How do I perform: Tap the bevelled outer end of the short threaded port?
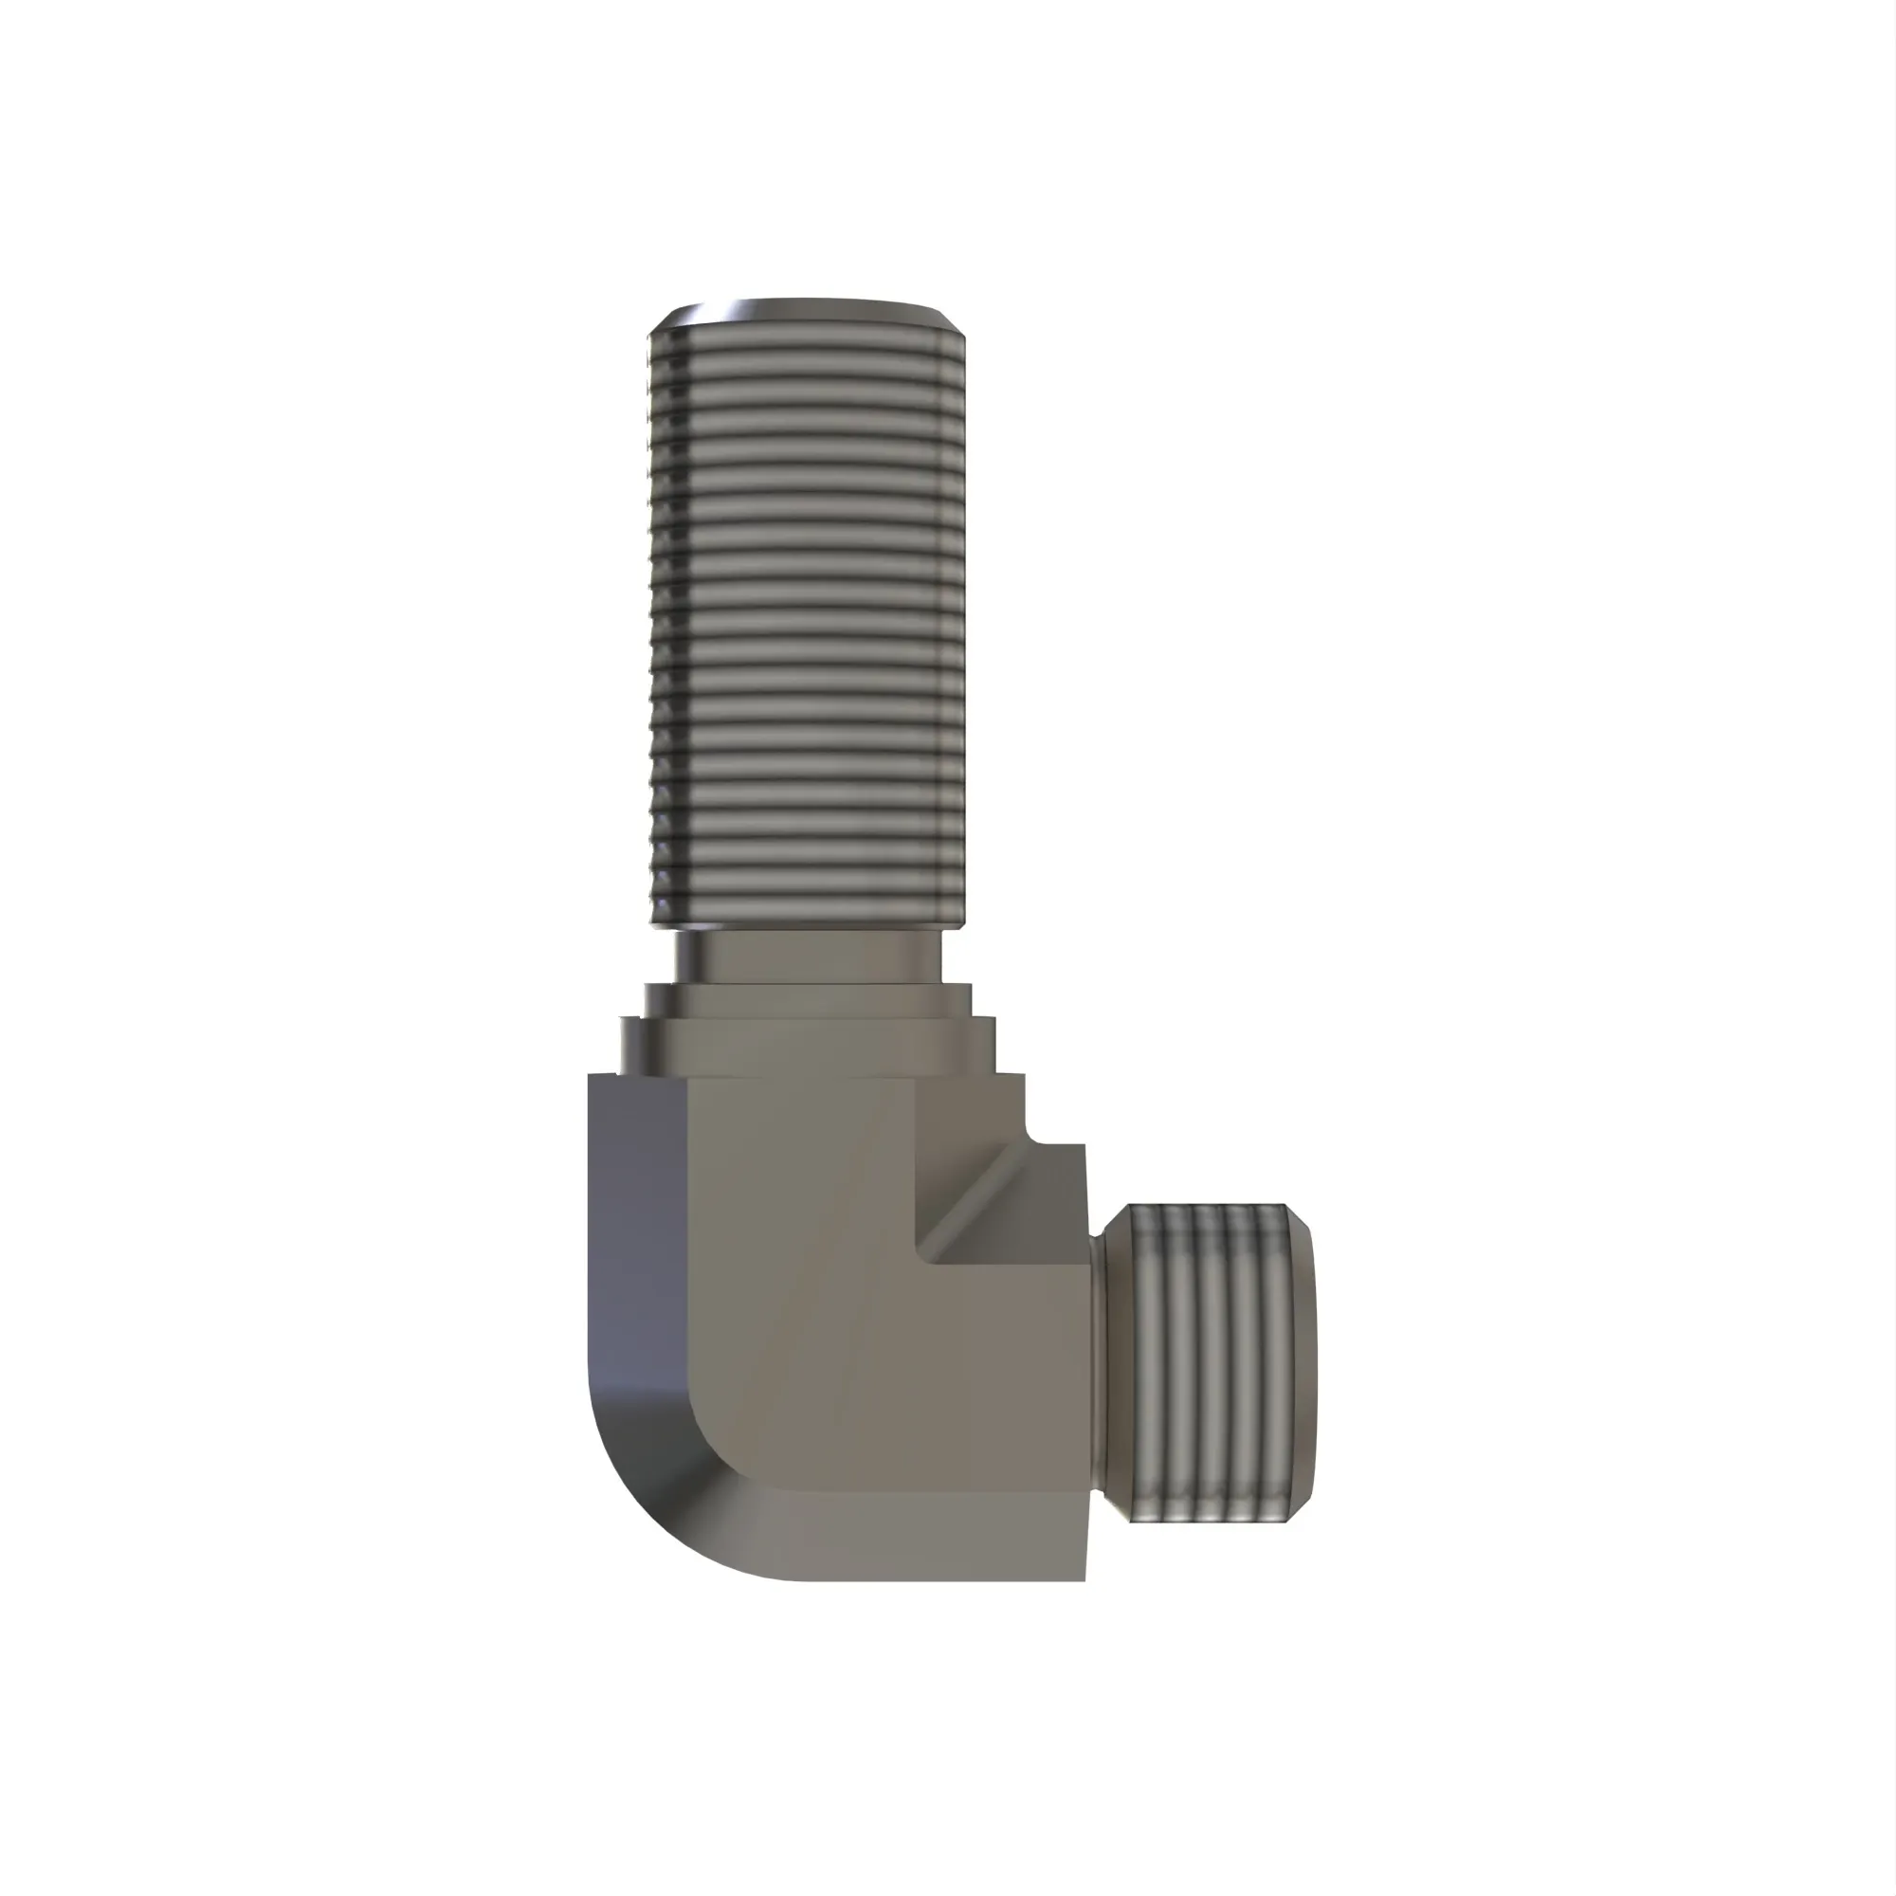pyautogui.click(x=1300, y=1364)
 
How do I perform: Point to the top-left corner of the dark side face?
pyautogui.click(x=590, y=1077)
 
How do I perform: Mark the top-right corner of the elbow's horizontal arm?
pyautogui.click(x=1084, y=1146)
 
